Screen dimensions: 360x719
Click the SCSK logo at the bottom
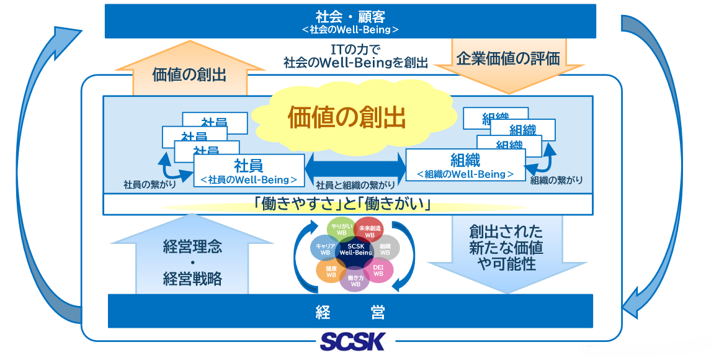pyautogui.click(x=352, y=341)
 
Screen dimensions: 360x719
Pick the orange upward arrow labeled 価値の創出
pyautogui.click(x=189, y=71)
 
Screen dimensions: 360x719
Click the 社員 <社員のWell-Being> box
pyautogui.click(x=249, y=171)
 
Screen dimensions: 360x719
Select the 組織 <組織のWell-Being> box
pyautogui.click(x=465, y=165)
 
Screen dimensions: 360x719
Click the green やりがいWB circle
pyautogui.click(x=341, y=229)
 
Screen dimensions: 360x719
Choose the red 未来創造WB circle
pyautogui.click(x=370, y=229)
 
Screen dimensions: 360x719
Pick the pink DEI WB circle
pyautogui.click(x=378, y=270)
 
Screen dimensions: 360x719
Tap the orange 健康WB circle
pyautogui.click(x=331, y=271)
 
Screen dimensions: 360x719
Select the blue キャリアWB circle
pyautogui.click(x=324, y=248)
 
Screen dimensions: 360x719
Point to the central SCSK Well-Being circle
pyautogui.click(x=355, y=250)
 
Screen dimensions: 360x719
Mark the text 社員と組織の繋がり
pyautogui.click(x=355, y=185)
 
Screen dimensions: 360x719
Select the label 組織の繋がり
pyautogui.click(x=556, y=181)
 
